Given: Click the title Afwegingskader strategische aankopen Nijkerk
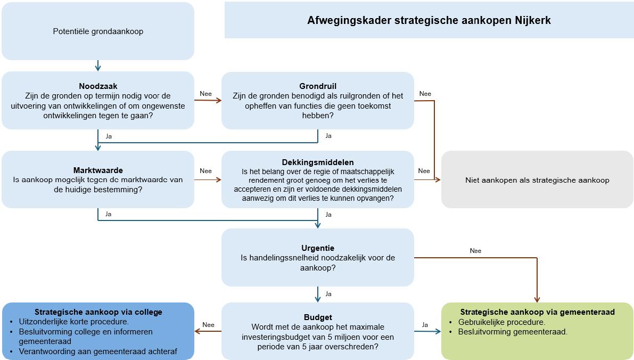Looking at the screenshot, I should pyautogui.click(x=429, y=21).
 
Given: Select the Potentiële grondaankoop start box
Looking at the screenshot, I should pyautogui.click(x=98, y=31).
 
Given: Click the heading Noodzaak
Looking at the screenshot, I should pyautogui.click(x=98, y=86).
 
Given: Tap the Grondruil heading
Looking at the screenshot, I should pyautogui.click(x=318, y=86).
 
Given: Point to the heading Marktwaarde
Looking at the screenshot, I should pyautogui.click(x=98, y=170).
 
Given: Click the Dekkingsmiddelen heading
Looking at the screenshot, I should pyautogui.click(x=318, y=162).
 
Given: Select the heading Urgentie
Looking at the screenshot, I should pyautogui.click(x=318, y=248).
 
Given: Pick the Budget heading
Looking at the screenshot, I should pyautogui.click(x=318, y=317).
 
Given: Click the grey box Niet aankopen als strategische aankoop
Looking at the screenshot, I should pyautogui.click(x=537, y=180).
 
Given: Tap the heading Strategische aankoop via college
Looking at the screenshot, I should pyautogui.click(x=98, y=312).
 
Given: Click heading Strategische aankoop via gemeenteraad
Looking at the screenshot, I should pyautogui.click(x=537, y=312).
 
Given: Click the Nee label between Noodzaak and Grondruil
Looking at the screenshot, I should pyautogui.click(x=205, y=94).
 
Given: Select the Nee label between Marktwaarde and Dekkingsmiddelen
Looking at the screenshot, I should pyautogui.click(x=205, y=171).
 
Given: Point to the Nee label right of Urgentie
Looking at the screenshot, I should pyautogui.click(x=475, y=251).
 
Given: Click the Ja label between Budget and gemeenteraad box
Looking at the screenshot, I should pyautogui.click(x=425, y=324).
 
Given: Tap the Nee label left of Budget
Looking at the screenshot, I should pyautogui.click(x=208, y=324).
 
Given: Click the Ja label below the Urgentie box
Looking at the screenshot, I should pyautogui.click(x=328, y=293).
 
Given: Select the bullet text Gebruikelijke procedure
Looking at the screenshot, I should pyautogui.click(x=498, y=322).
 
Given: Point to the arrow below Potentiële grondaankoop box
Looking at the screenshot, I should pyautogui.click(x=98, y=66).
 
